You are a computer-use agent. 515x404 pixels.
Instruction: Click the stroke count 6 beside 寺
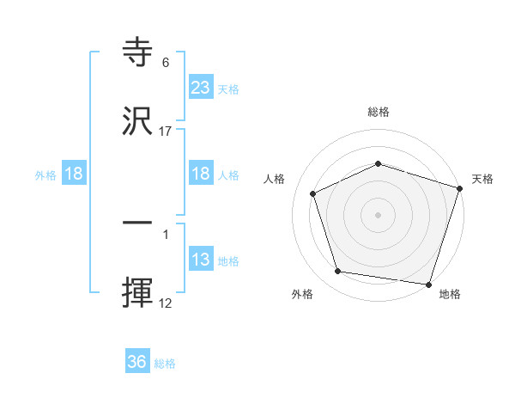coord(166,63)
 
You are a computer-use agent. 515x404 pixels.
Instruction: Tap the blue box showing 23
coord(201,88)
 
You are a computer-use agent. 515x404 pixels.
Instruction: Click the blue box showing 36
coord(137,363)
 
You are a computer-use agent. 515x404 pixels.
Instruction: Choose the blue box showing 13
coord(201,260)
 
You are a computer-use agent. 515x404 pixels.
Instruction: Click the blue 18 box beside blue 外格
coord(74,174)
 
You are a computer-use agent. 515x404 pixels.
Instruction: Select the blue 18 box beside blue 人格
coord(201,174)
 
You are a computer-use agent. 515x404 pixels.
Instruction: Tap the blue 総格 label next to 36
coord(165,364)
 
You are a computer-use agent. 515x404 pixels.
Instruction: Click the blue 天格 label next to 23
coord(228,89)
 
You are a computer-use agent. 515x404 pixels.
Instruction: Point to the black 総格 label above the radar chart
coord(378,112)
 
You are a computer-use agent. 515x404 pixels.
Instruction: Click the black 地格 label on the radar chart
coord(450,294)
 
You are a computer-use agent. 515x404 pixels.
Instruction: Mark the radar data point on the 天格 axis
coord(459,188)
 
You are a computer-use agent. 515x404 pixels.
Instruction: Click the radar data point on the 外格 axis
coord(338,272)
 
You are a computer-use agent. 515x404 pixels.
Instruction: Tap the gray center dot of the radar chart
coord(378,215)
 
